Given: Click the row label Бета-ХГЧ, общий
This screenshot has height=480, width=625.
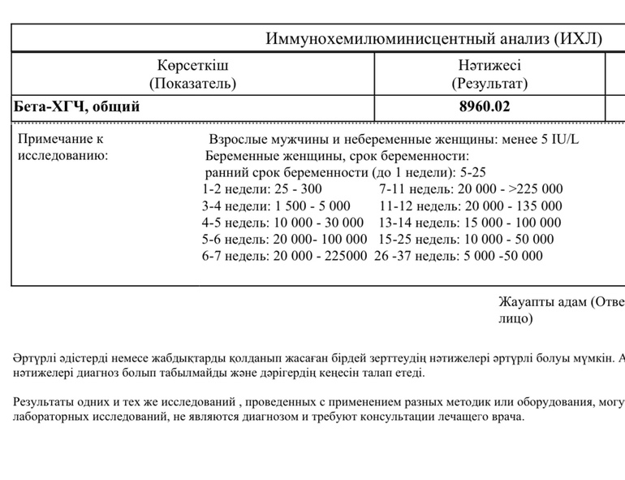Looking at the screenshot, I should point(77,106).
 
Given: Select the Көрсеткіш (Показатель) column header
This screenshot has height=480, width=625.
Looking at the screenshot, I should point(192,73).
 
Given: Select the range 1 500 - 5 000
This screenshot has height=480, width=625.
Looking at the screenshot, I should point(312,206).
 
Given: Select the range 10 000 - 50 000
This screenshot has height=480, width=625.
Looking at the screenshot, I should point(508,240).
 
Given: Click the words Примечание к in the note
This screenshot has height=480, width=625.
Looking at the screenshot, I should point(61,139).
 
